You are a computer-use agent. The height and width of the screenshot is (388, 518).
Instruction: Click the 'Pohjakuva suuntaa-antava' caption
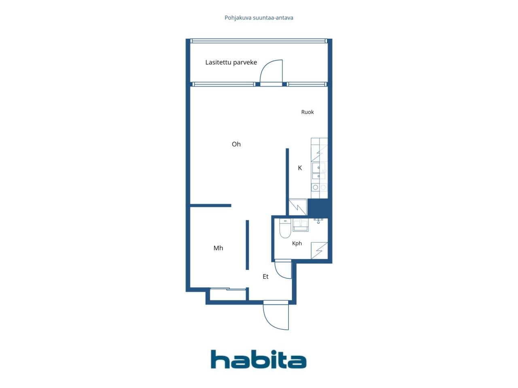(259, 18)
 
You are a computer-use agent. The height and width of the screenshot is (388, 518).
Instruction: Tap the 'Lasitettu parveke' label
(231, 62)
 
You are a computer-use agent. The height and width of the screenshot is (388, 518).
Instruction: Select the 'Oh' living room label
(236, 144)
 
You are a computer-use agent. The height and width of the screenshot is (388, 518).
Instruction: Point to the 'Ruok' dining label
(307, 112)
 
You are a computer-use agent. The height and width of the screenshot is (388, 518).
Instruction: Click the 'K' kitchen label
(300, 168)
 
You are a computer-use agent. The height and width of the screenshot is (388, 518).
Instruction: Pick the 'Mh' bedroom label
(218, 248)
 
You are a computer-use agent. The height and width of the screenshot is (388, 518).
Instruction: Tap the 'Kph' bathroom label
(297, 244)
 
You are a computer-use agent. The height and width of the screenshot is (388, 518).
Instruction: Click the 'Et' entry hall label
(265, 276)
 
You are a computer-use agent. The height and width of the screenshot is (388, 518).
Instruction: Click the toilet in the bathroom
(285, 228)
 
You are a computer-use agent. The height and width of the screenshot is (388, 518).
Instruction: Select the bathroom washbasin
(300, 225)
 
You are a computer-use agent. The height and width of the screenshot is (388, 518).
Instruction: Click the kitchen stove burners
(319, 187)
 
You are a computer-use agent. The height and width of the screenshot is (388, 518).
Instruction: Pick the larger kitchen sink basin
(318, 168)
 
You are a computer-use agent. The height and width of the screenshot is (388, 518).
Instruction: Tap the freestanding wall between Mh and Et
(247, 245)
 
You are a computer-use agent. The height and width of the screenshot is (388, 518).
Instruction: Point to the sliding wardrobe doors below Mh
(228, 289)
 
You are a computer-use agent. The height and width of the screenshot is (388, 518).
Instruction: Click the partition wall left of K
(287, 181)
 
